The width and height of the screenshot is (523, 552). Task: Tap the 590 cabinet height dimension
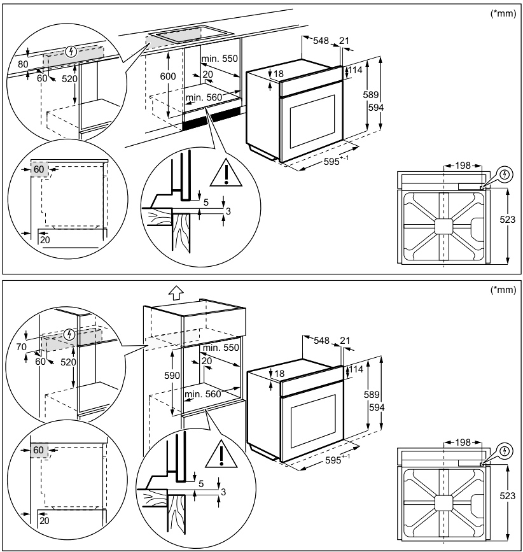coord(172,376)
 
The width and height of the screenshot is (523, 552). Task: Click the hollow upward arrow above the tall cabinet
coord(176,293)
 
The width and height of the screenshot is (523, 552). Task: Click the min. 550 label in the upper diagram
coord(219,59)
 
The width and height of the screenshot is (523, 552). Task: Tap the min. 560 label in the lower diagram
coord(202,394)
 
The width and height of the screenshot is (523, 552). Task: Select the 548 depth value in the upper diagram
coord(321,41)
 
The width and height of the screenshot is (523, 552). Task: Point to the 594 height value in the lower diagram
coord(377,406)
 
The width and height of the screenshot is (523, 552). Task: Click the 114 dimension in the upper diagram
coord(354,70)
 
